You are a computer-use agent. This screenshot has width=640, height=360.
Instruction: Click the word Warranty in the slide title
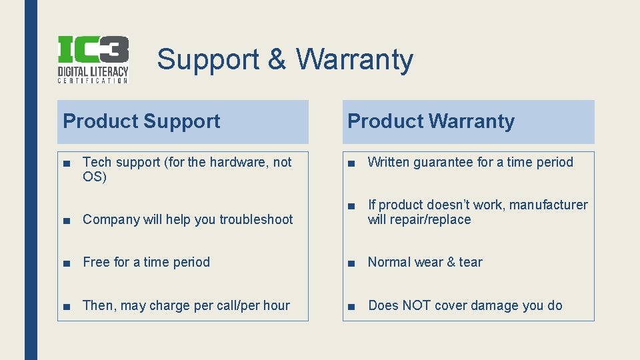pyautogui.click(x=355, y=59)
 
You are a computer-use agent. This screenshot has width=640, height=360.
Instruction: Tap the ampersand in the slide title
pyautogui.click(x=277, y=59)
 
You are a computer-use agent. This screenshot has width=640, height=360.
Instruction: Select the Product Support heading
pyautogui.click(x=141, y=121)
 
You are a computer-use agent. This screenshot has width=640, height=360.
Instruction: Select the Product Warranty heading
pyautogui.click(x=431, y=121)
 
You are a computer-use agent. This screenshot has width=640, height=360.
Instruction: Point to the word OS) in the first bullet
pyautogui.click(x=95, y=177)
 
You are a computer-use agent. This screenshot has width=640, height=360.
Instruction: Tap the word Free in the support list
pyautogui.click(x=96, y=262)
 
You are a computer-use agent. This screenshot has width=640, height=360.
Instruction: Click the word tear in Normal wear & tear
pyautogui.click(x=470, y=262)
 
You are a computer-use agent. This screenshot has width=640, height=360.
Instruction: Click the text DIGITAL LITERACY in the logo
pyautogui.click(x=93, y=71)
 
